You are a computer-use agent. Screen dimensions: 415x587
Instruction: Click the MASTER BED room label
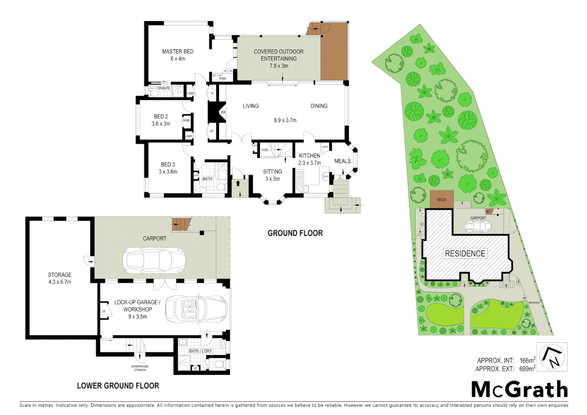tap(177, 51)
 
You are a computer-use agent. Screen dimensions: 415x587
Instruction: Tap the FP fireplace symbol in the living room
tap(223, 113)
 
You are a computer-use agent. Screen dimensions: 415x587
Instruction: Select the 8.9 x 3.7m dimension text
tap(285, 120)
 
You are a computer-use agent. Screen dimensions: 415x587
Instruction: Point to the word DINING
tap(319, 106)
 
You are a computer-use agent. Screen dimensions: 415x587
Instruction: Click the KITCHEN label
tap(309, 156)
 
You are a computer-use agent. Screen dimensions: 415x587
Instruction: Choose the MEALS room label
tap(342, 161)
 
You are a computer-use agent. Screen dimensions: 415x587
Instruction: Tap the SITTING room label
tap(272, 172)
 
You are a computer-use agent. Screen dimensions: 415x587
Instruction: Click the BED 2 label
tap(161, 116)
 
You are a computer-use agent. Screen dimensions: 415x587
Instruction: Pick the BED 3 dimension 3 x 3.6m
tap(168, 172)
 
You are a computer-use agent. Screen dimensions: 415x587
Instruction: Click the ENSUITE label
tap(164, 88)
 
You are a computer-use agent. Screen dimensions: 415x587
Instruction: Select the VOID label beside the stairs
tap(265, 150)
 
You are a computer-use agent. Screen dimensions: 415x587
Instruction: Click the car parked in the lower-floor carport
tap(154, 260)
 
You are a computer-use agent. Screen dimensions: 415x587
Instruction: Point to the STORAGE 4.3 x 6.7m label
tap(60, 278)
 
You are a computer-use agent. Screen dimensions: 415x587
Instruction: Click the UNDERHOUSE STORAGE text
tap(140, 368)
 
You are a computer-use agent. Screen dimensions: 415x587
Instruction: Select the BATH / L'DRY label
tap(200, 351)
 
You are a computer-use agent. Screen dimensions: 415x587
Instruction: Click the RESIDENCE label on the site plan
tap(465, 254)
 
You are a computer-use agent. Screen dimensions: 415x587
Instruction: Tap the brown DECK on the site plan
tap(441, 199)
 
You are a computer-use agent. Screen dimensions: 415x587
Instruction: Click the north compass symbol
tap(552, 357)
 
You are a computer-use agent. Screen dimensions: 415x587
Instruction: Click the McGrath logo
tap(519, 390)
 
